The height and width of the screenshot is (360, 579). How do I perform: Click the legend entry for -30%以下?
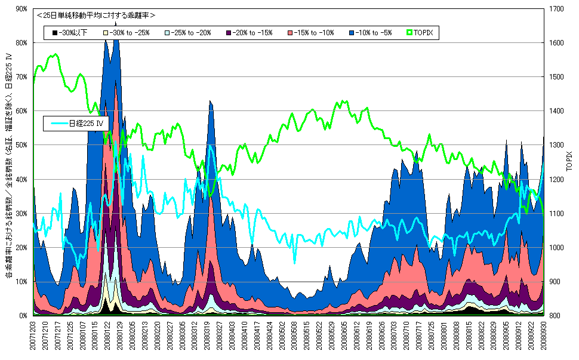[70, 33]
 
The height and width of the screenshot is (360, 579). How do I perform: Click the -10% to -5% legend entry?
[369, 33]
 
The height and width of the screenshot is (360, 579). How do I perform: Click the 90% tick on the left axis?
[21, 9]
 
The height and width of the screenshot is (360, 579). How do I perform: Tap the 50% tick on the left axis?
[21, 145]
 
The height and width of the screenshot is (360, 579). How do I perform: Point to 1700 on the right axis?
[555, 9]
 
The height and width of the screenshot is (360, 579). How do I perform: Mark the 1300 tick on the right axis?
[555, 145]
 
